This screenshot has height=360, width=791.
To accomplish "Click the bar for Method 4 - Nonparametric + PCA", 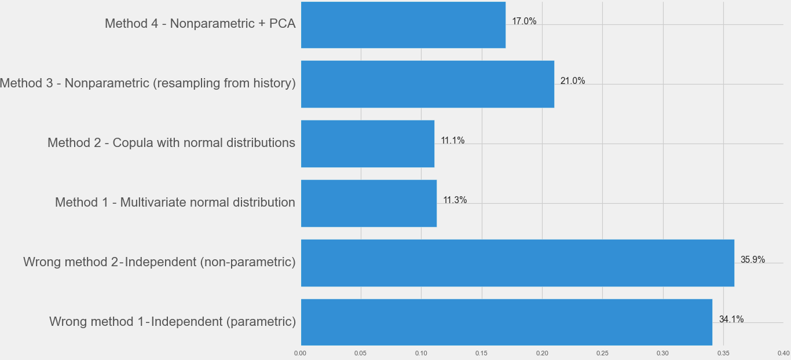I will point(403,24).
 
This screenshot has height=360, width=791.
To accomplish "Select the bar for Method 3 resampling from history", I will point(427,84).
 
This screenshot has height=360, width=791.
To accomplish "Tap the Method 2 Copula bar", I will point(368,144).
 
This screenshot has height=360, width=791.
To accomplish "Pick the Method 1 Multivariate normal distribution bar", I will point(369,203).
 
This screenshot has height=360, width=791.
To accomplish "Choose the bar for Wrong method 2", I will point(518,263).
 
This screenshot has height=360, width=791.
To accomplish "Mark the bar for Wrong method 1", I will point(507,322).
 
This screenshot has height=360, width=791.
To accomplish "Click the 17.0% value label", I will point(524,21).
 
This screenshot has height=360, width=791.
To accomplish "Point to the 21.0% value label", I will point(573,81).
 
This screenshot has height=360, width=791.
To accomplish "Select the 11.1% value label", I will point(453,141).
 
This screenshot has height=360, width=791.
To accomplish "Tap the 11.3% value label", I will point(455,200).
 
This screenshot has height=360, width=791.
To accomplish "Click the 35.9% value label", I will point(753,260).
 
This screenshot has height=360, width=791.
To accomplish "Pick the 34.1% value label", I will point(731,319).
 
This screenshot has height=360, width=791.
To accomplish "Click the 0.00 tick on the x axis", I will point(300,353).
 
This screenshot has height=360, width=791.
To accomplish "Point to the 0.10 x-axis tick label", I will point(421,353).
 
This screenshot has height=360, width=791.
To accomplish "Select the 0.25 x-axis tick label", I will point(602,353).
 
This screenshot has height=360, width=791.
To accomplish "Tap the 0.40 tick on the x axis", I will point(783,353).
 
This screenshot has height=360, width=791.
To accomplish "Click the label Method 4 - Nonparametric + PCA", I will point(200,24).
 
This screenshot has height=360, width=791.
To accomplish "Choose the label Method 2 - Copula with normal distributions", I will point(171,142).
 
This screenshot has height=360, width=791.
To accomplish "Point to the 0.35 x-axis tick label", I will point(723,353).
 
